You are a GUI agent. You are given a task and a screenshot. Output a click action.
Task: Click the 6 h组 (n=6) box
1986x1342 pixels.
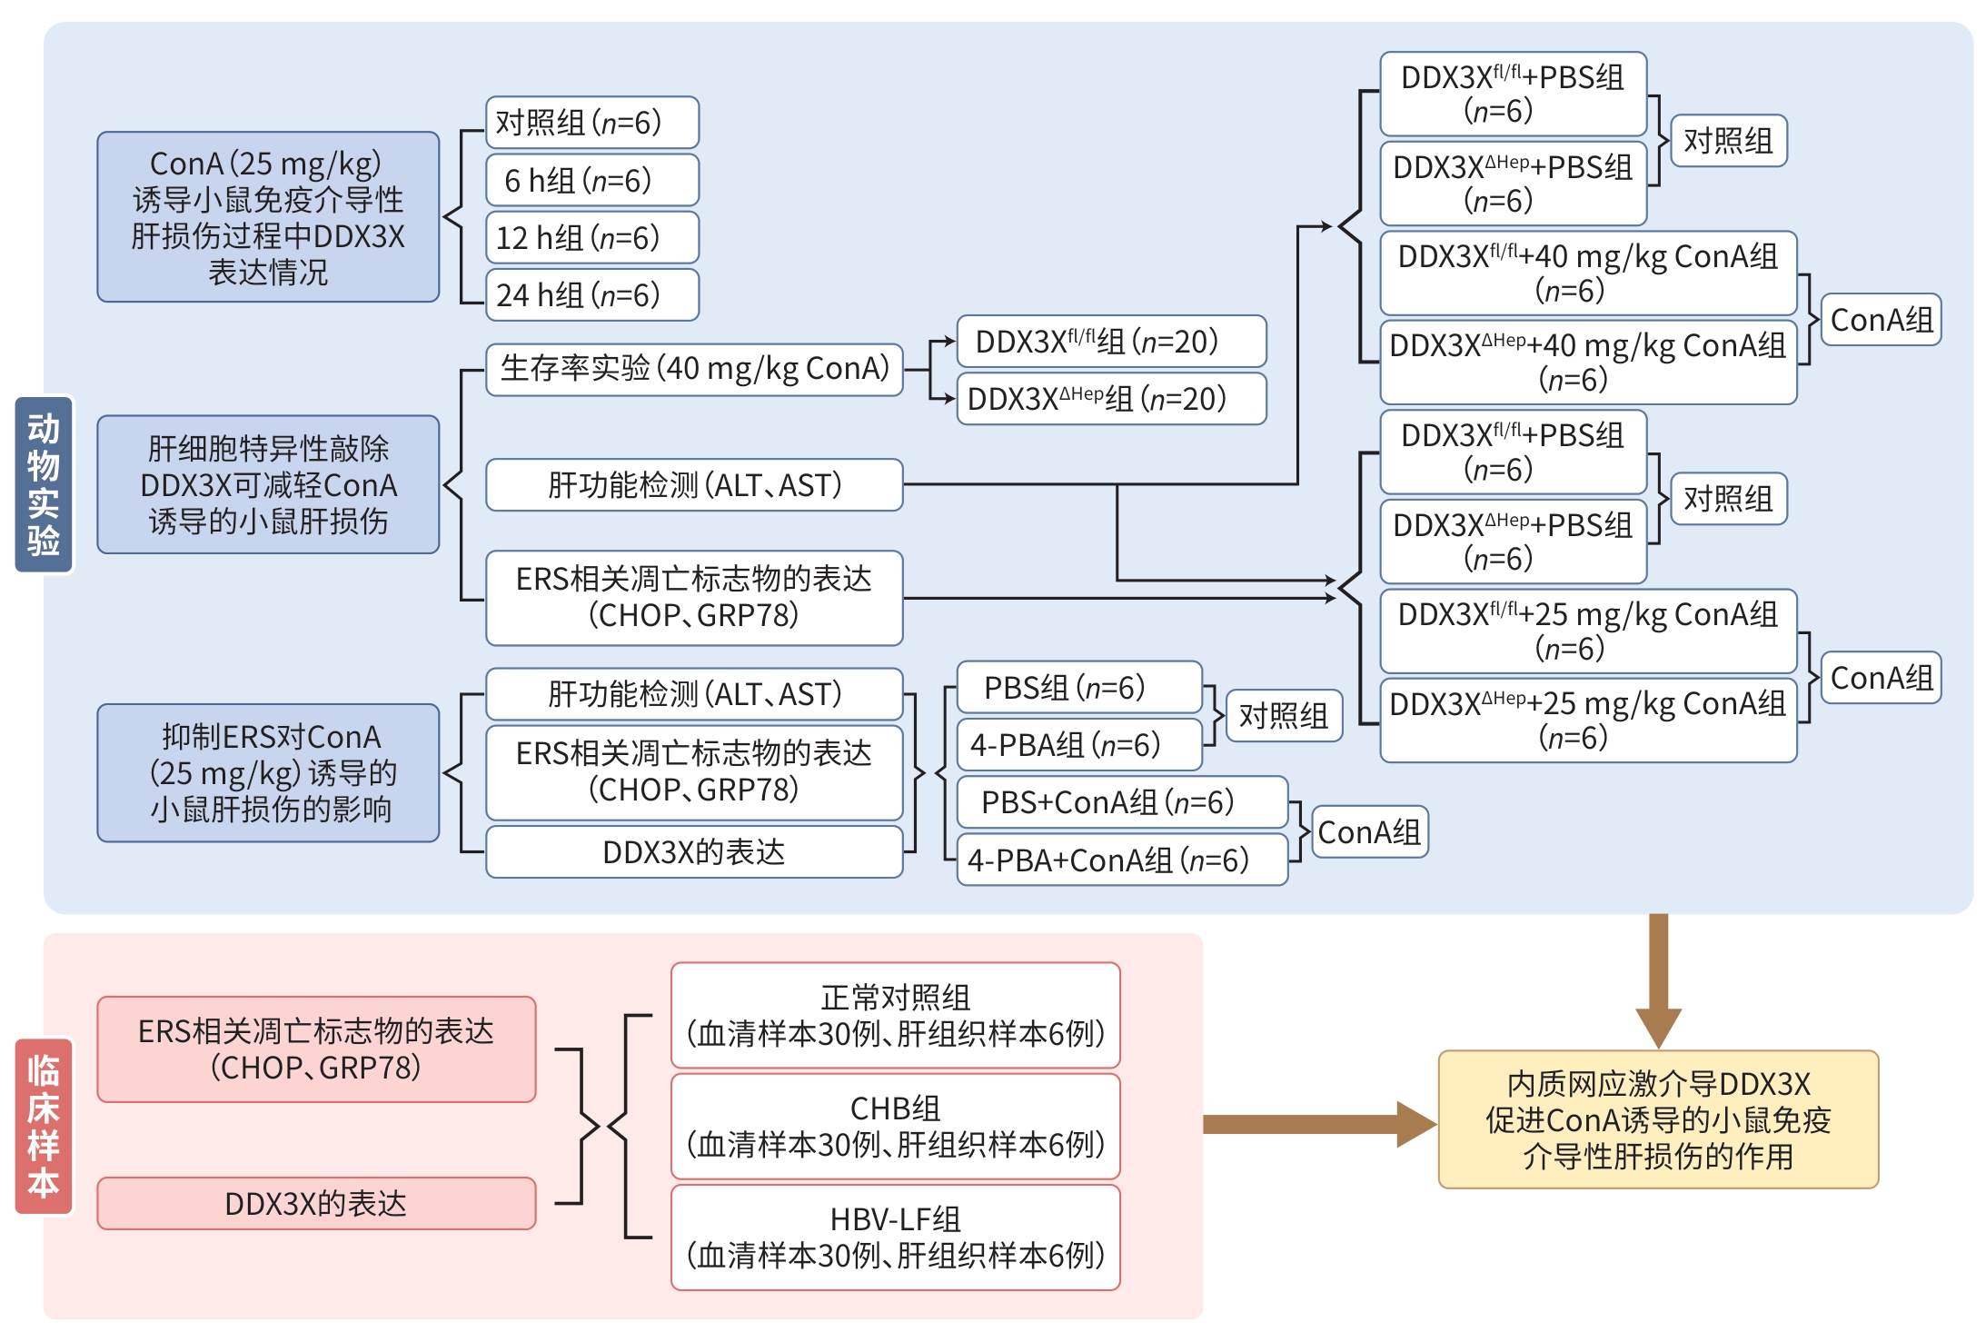[x=592, y=180]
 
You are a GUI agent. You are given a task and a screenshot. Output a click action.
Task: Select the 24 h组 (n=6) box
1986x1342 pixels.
[x=592, y=294]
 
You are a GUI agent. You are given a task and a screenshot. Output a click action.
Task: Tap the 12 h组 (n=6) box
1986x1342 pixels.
[x=592, y=237]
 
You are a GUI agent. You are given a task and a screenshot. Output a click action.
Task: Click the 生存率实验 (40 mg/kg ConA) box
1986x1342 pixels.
[x=694, y=369]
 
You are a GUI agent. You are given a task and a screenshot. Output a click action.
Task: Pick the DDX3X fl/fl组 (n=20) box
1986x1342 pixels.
[x=1111, y=342]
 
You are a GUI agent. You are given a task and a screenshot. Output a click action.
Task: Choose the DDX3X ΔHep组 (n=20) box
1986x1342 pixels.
[x=1111, y=399]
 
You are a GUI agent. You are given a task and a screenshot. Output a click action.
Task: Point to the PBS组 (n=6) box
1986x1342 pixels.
[x=1079, y=687]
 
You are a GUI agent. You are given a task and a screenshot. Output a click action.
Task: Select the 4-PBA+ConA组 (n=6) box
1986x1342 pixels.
[x=1122, y=860]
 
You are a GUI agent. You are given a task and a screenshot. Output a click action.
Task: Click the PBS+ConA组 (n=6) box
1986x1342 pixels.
[x=1122, y=802]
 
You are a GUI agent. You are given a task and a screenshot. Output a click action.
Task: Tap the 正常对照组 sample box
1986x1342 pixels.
[x=895, y=1015]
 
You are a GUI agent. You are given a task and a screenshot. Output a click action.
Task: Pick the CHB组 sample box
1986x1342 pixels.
[x=895, y=1126]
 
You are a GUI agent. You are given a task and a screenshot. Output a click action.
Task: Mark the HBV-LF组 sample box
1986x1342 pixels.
[x=895, y=1237]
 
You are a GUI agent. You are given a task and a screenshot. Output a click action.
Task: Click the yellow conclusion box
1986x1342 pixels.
[x=1658, y=1119]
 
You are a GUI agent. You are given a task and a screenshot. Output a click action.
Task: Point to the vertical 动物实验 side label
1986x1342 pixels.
[x=44, y=483]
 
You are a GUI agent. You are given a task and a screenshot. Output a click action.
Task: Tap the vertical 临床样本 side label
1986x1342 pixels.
[x=44, y=1126]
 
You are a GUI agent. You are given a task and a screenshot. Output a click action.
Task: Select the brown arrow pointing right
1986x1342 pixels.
[x=1317, y=1124]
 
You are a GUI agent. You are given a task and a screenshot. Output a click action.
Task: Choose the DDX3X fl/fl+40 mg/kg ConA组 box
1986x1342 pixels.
[x=1588, y=273]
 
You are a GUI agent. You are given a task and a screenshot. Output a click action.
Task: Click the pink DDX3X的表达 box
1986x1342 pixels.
[x=316, y=1203]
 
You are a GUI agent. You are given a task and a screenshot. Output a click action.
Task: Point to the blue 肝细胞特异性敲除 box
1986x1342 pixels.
[x=268, y=484]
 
